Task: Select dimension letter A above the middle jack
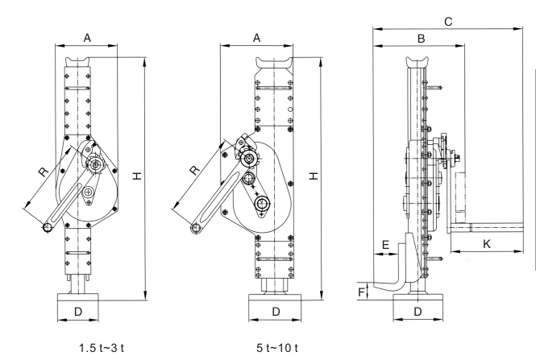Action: [257, 37]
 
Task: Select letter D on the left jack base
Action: [78, 310]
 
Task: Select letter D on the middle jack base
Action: [276, 310]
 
